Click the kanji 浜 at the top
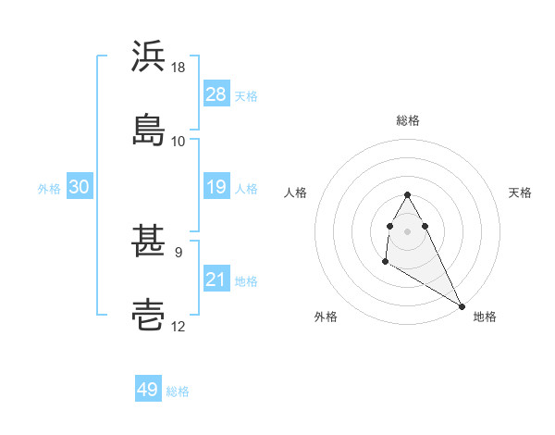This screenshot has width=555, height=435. [149, 57]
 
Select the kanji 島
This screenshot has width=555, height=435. [149, 128]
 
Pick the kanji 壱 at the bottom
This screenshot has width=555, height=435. [149, 315]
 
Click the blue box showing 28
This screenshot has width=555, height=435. [216, 94]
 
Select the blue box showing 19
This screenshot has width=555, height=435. [216, 187]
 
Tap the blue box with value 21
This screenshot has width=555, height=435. [216, 280]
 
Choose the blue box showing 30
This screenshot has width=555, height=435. [79, 187]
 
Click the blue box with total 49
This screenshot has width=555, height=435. [147, 390]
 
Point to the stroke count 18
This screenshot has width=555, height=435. [179, 68]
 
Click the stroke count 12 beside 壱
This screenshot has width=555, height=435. [179, 326]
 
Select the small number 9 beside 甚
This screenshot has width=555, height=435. [178, 251]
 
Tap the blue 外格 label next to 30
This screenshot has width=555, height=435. [49, 188]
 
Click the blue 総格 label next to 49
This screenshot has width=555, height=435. [178, 391]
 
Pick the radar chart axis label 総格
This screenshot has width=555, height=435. [408, 120]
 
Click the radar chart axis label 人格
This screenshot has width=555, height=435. [296, 193]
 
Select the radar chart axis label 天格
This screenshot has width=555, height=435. [520, 193]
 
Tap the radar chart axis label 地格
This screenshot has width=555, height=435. [485, 317]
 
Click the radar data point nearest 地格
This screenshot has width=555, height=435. [462, 306]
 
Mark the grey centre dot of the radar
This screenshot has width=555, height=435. [408, 230]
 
